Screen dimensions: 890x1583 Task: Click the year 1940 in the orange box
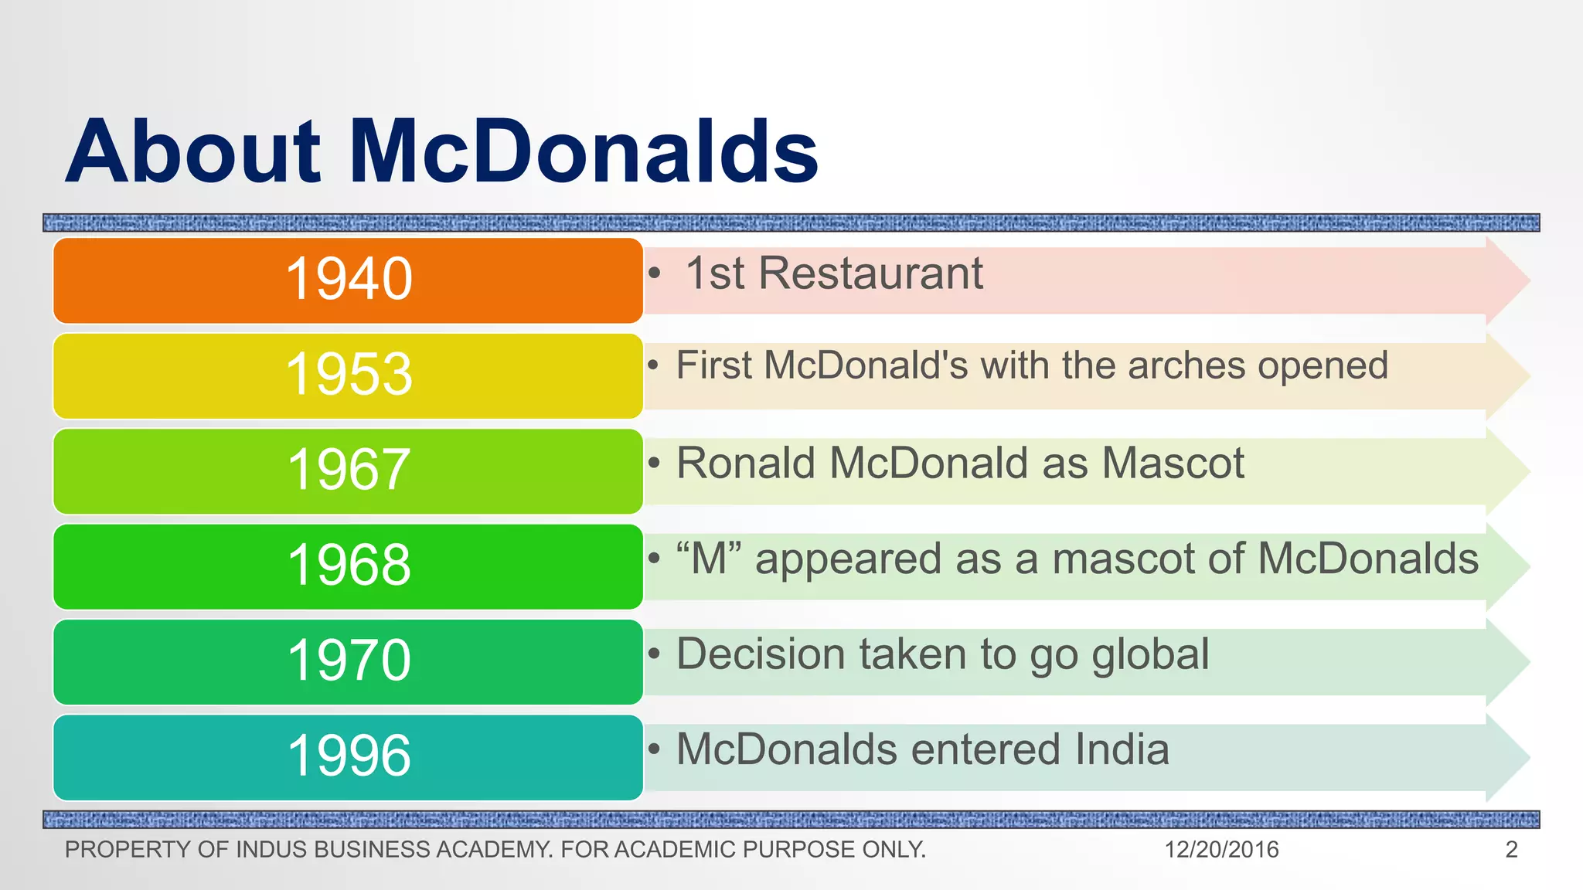coord(349,279)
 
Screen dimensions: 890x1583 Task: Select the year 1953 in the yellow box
coord(349,374)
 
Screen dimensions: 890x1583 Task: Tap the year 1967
coord(349,469)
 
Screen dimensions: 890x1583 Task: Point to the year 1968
coord(349,565)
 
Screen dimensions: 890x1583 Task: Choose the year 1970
coord(349,661)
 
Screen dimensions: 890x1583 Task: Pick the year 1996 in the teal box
coord(349,756)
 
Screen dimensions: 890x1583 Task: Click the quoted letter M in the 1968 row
coord(709,559)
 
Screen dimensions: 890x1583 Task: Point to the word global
coord(1150,654)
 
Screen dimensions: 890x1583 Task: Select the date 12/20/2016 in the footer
coord(1221,850)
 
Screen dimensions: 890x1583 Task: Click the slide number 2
coord(1512,850)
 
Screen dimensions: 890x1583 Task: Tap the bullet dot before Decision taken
coord(655,654)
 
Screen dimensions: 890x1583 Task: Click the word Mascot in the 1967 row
coord(1173,464)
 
